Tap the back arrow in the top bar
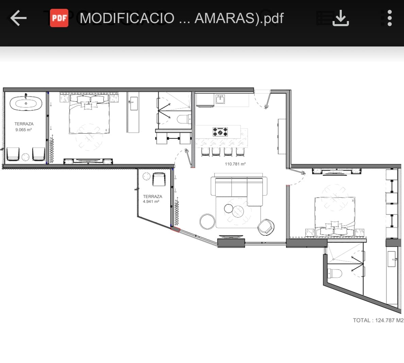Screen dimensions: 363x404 18,18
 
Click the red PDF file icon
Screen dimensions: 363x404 59,18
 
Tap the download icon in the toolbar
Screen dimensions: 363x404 340,18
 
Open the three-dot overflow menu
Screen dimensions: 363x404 389,18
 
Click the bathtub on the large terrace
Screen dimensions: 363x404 26,103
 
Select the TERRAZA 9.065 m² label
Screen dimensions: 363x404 24,127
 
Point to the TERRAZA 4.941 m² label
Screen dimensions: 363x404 152,199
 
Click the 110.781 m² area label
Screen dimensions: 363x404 235,164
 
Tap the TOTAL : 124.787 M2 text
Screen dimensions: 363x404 378,320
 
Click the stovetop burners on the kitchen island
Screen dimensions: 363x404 220,132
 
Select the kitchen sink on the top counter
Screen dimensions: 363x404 220,99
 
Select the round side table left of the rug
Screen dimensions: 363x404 207,222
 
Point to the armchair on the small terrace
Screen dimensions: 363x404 159,179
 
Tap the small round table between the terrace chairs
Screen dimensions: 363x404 26,157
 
